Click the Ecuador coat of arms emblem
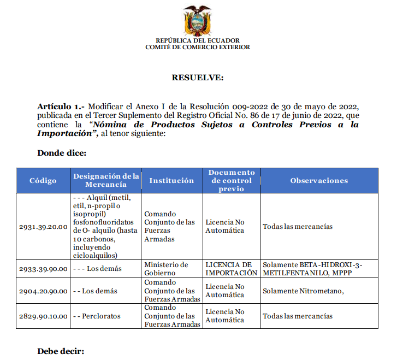tap(197, 20)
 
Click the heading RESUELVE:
tap(198, 78)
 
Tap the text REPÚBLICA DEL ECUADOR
tap(198, 40)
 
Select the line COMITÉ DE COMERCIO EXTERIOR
tap(198, 47)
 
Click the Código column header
tap(43, 181)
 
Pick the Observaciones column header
tap(319, 181)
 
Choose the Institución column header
tap(171, 181)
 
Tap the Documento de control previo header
tap(232, 180)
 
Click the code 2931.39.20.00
tap(43, 226)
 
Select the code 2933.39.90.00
tap(43, 269)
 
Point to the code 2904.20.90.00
tap(43, 291)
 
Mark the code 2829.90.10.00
tap(43, 316)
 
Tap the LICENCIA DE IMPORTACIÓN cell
tap(231, 269)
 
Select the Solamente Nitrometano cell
tap(303, 291)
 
